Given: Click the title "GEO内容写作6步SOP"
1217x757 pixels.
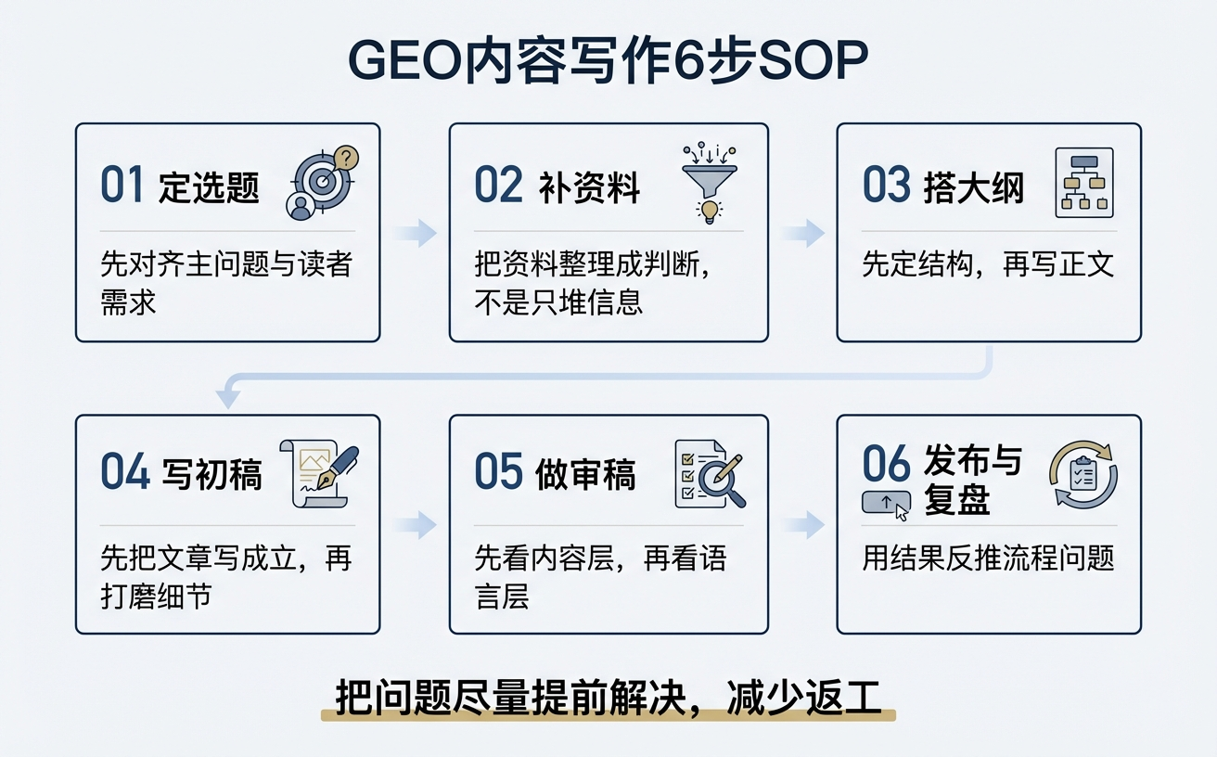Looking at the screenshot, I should click(x=608, y=62).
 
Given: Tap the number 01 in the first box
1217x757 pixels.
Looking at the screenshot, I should click(x=122, y=185).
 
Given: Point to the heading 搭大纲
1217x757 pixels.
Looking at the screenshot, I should click(x=974, y=187).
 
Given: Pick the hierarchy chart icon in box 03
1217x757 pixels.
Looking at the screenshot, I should click(x=1083, y=183).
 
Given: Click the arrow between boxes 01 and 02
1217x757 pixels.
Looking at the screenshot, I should click(x=415, y=233).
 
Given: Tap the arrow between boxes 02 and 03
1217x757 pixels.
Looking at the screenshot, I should click(x=802, y=233).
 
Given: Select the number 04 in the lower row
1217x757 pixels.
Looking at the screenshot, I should click(x=124, y=473).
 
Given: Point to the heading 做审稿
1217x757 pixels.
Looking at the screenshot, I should click(x=585, y=475).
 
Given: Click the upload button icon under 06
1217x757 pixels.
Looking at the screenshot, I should click(x=887, y=504).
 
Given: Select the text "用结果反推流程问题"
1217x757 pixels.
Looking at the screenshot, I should click(x=988, y=559).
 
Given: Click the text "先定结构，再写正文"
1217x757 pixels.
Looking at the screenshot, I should click(x=988, y=265).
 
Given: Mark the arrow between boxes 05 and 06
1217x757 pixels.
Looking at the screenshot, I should click(x=802, y=526).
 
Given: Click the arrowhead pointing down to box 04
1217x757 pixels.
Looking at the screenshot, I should click(x=228, y=398).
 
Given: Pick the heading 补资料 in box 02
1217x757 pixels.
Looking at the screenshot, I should click(x=589, y=187).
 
